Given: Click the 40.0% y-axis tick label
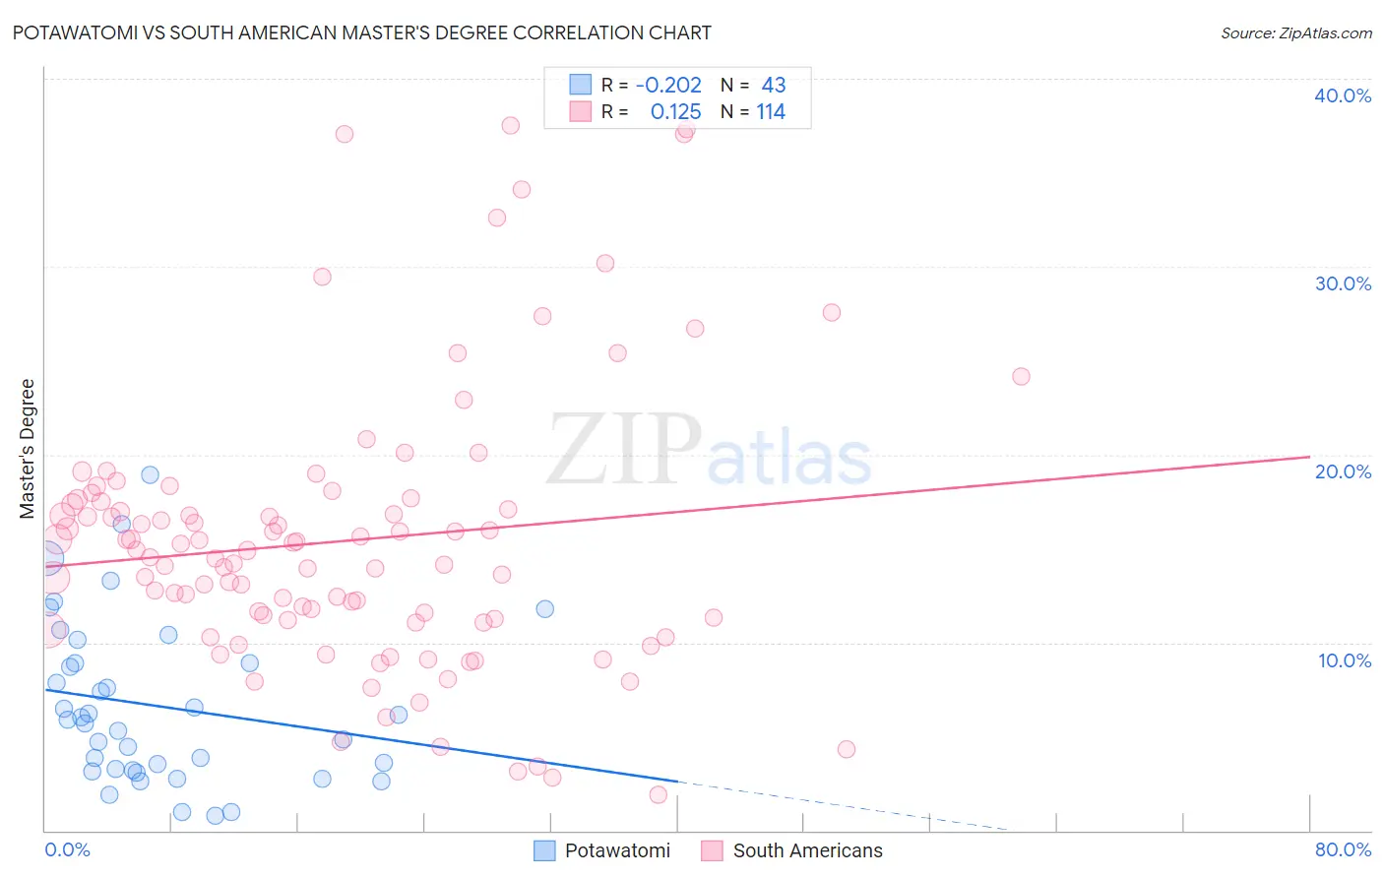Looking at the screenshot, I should pyautogui.click(x=1343, y=95).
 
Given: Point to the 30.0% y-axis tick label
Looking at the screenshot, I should pyautogui.click(x=1343, y=283).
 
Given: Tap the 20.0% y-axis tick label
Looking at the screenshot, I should pyautogui.click(x=1343, y=471).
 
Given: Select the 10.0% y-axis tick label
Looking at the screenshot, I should pyautogui.click(x=1345, y=660).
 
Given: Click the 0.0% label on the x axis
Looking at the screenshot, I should pyautogui.click(x=67, y=849).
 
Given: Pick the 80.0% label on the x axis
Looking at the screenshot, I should pyautogui.click(x=1343, y=849).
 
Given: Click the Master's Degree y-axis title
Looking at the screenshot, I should pyautogui.click(x=28, y=449).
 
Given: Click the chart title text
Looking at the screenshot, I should pyautogui.click(x=361, y=32).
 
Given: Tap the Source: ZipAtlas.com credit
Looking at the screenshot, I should pyautogui.click(x=1295, y=33).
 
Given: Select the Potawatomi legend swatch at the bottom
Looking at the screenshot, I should pyautogui.click(x=544, y=850).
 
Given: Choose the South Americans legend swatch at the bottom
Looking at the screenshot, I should pyautogui.click(x=712, y=850).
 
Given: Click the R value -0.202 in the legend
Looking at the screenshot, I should pyautogui.click(x=668, y=86).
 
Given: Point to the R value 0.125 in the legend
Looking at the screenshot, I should pyautogui.click(x=675, y=112).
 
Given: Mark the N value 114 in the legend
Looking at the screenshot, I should pyautogui.click(x=771, y=112).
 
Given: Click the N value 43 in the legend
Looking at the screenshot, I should pyautogui.click(x=774, y=86).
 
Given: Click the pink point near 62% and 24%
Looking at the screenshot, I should pyautogui.click(x=1021, y=376).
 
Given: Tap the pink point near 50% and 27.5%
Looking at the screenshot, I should pyautogui.click(x=832, y=312).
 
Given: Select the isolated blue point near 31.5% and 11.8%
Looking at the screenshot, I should pyautogui.click(x=544, y=609).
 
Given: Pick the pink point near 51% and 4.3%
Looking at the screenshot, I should pyautogui.click(x=847, y=749).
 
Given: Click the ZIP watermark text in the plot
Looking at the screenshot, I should pyautogui.click(x=623, y=450).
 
